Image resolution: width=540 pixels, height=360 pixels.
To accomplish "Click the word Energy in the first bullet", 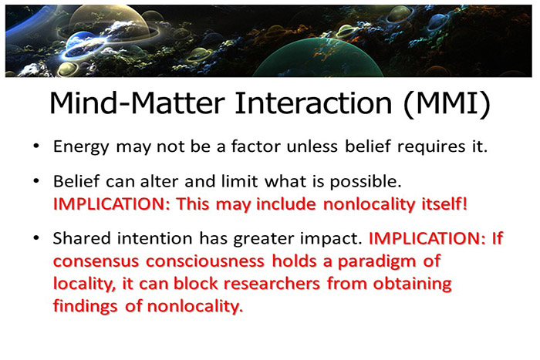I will pyautogui.click(x=78, y=146).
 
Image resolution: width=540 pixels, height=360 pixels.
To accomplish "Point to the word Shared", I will pyautogui.click(x=79, y=240).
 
